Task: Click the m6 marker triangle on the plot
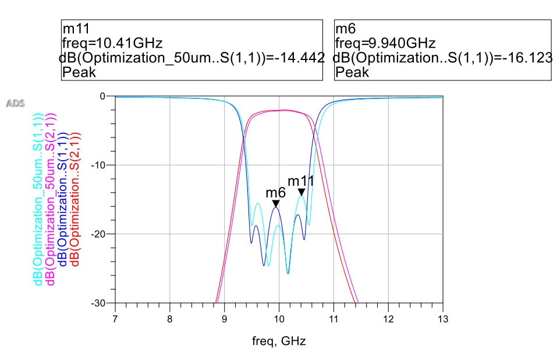point(276,203)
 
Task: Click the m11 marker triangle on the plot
point(301,192)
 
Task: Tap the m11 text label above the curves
point(301,181)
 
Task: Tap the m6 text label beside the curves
point(275,192)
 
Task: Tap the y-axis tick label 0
point(103,96)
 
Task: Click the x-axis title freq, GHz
point(279,341)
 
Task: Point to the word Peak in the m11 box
point(79,72)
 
